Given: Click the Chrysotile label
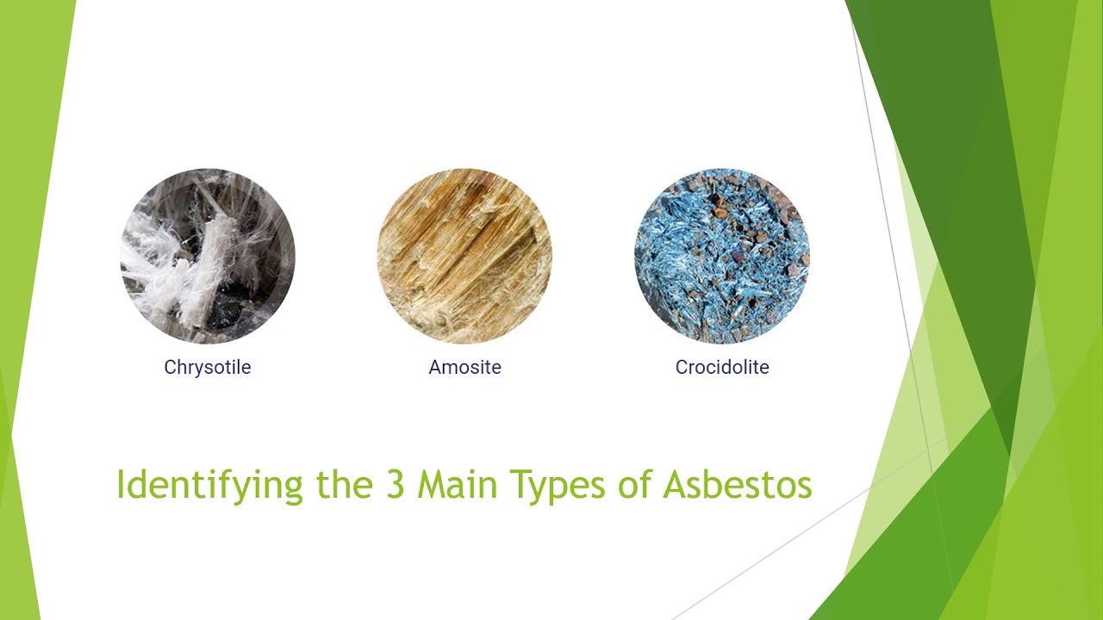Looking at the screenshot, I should (x=207, y=367).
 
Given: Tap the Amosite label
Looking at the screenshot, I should (x=464, y=367).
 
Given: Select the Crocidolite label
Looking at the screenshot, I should (x=722, y=367).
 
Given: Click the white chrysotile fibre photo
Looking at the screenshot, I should (x=207, y=256).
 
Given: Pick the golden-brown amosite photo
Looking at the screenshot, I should (x=464, y=256).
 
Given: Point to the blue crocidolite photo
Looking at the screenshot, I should (x=722, y=256).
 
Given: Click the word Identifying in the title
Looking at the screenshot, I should (x=209, y=486).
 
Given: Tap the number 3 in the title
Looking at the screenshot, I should (x=395, y=485).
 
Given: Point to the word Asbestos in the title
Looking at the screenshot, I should (x=738, y=485).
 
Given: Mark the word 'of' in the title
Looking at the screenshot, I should (x=636, y=485).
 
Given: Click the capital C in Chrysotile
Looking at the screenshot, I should (x=170, y=367).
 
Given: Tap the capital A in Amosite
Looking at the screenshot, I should (x=435, y=367).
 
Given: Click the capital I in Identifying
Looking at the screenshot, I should (x=120, y=485).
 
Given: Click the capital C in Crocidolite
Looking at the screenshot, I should (x=682, y=367).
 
